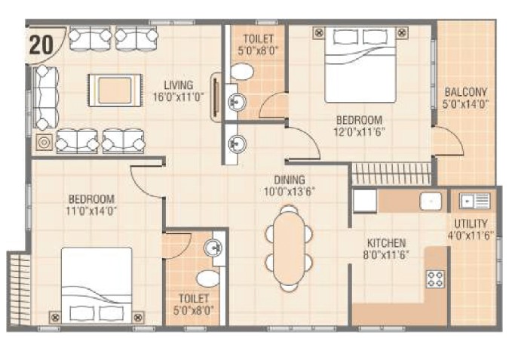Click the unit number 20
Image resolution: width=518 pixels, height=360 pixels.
(x=41, y=45)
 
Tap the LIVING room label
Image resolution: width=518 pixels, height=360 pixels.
(x=179, y=85)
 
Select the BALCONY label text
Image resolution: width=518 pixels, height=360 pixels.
(x=466, y=92)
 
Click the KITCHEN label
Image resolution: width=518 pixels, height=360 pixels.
(x=387, y=243)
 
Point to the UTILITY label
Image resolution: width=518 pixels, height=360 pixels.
(x=470, y=224)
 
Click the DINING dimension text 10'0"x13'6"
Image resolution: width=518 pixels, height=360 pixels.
(x=290, y=192)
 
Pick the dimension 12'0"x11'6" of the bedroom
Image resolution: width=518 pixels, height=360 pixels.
(x=360, y=132)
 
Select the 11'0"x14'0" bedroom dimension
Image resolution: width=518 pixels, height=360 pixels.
(x=91, y=211)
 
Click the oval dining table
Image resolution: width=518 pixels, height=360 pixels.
(x=289, y=248)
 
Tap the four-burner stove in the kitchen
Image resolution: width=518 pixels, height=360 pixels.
(x=435, y=279)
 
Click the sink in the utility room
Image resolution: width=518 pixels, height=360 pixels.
(x=475, y=201)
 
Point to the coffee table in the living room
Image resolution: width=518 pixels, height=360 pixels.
(x=115, y=91)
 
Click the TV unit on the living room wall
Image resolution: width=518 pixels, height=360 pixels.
(x=216, y=97)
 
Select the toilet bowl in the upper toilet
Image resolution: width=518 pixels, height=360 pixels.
(x=242, y=72)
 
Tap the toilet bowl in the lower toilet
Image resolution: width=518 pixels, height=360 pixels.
(x=208, y=278)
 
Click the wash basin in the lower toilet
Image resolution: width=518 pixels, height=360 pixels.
(x=213, y=248)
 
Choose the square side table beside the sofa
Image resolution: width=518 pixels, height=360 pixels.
(x=44, y=143)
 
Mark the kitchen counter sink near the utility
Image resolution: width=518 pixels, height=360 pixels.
(x=431, y=201)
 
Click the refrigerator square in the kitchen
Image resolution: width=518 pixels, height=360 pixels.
(x=365, y=200)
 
